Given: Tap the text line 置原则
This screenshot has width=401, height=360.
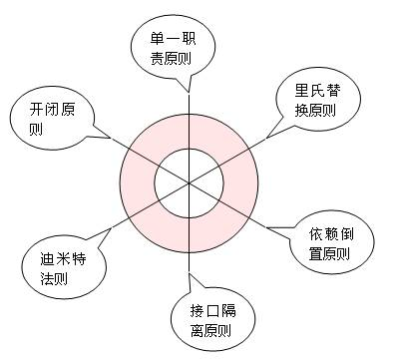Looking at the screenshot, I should [x=330, y=254].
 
